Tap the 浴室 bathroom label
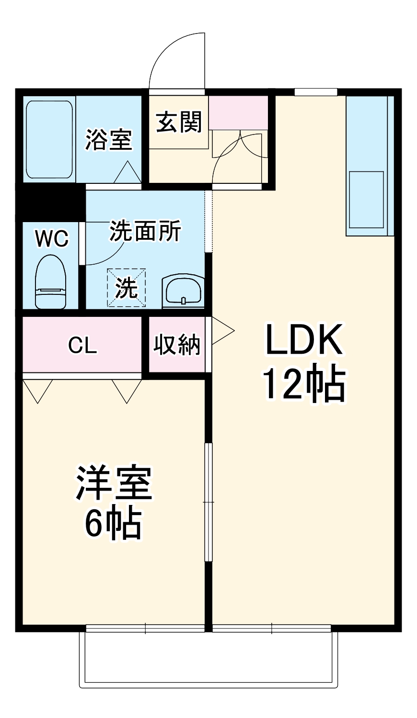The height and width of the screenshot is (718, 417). (x=108, y=140)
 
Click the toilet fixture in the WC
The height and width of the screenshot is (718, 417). (x=50, y=282)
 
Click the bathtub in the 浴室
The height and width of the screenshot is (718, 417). (x=49, y=139)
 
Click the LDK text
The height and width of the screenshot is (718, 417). (x=304, y=339)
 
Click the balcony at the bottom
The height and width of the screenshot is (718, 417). (x=208, y=661)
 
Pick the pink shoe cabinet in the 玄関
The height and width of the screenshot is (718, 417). (x=238, y=112)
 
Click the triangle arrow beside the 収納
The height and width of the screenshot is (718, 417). (x=221, y=331)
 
